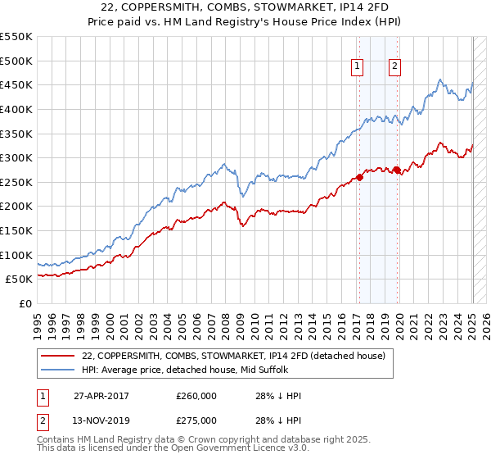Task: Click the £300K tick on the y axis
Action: coord(16,157)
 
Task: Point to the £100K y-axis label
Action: coord(16,255)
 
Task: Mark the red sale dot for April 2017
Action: coord(359,177)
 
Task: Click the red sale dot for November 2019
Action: coord(397,170)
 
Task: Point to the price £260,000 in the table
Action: coord(196,396)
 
